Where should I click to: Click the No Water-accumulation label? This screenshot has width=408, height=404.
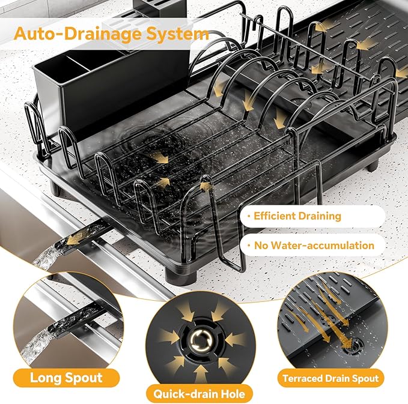(312, 245)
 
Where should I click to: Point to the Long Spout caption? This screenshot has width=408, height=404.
(67, 378)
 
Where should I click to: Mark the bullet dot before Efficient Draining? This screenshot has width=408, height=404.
(248, 216)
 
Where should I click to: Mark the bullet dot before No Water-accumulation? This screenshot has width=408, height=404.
(248, 245)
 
